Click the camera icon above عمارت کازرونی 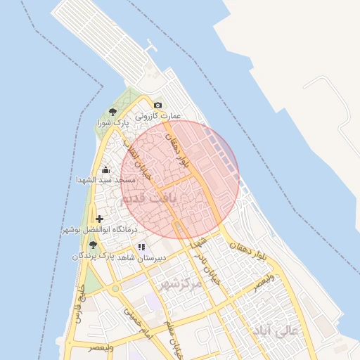[157, 105]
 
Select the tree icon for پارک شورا [112, 112]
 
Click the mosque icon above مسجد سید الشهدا [106, 169]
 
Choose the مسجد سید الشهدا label [105, 181]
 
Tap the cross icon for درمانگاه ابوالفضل [100, 219]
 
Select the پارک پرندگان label [92, 256]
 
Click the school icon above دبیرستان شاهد [141, 247]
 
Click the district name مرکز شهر [179, 284]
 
